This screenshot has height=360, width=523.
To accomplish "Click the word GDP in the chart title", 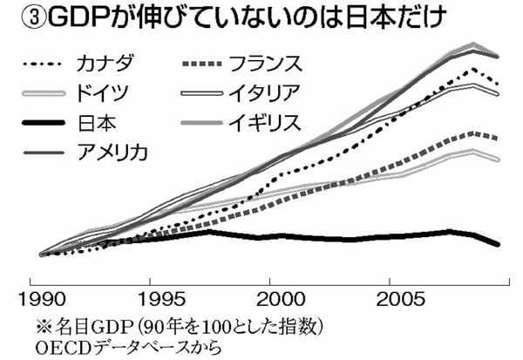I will [60, 17].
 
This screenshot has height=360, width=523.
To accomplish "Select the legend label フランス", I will [265, 64].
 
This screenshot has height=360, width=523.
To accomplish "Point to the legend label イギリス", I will [265, 121].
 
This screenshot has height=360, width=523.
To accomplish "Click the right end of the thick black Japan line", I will [499, 245].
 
